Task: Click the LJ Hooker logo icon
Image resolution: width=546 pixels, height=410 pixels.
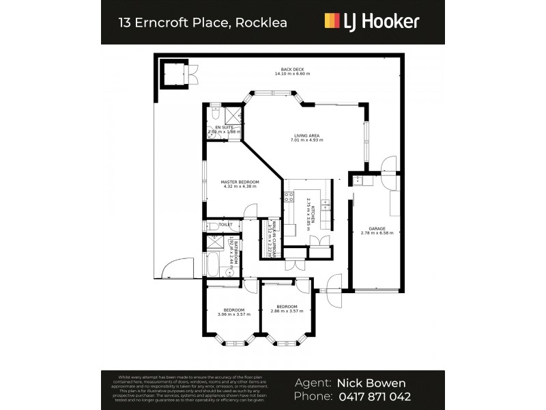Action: [x=331, y=21]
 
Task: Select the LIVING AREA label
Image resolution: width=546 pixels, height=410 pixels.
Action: [x=307, y=136]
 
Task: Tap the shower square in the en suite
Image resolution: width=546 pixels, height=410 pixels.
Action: [x=233, y=114]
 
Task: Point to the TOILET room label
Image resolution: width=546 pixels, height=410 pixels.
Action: [x=225, y=224]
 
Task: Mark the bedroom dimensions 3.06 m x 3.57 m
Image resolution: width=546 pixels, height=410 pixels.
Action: [x=233, y=314]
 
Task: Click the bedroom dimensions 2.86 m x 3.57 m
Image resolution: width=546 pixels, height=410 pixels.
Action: [x=287, y=310]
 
